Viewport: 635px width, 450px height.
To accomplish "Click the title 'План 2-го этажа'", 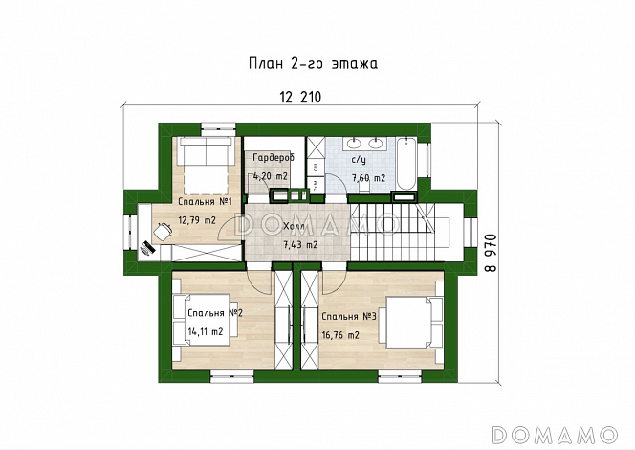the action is click(x=313, y=64).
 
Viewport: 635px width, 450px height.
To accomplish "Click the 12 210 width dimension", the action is click(x=300, y=98).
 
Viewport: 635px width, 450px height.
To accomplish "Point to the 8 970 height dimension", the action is click(x=491, y=253).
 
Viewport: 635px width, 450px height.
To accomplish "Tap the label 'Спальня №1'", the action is click(x=205, y=201).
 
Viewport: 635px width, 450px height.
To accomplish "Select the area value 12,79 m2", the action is click(x=197, y=220).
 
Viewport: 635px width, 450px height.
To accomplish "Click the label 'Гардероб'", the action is click(x=274, y=158).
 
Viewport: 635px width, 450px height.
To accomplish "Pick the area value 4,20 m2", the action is click(x=270, y=176).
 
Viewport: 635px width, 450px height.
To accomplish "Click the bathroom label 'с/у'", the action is click(x=359, y=160).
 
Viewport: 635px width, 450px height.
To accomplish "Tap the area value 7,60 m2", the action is click(x=368, y=178).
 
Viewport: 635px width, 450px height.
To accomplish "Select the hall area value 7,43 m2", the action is click(x=300, y=245).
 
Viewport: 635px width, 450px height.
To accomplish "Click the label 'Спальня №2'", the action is click(x=215, y=313).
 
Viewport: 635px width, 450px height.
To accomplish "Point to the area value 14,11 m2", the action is click(x=206, y=331).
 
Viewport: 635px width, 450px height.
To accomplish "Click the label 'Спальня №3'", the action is click(x=349, y=316).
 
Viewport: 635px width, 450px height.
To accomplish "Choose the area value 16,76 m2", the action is click(x=340, y=335).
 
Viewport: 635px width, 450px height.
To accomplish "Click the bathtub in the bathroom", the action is click(x=406, y=164).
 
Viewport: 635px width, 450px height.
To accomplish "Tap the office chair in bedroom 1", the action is click(x=163, y=232).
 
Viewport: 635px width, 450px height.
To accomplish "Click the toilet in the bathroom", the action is click(x=364, y=187).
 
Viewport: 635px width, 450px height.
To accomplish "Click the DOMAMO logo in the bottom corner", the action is click(x=554, y=435).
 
